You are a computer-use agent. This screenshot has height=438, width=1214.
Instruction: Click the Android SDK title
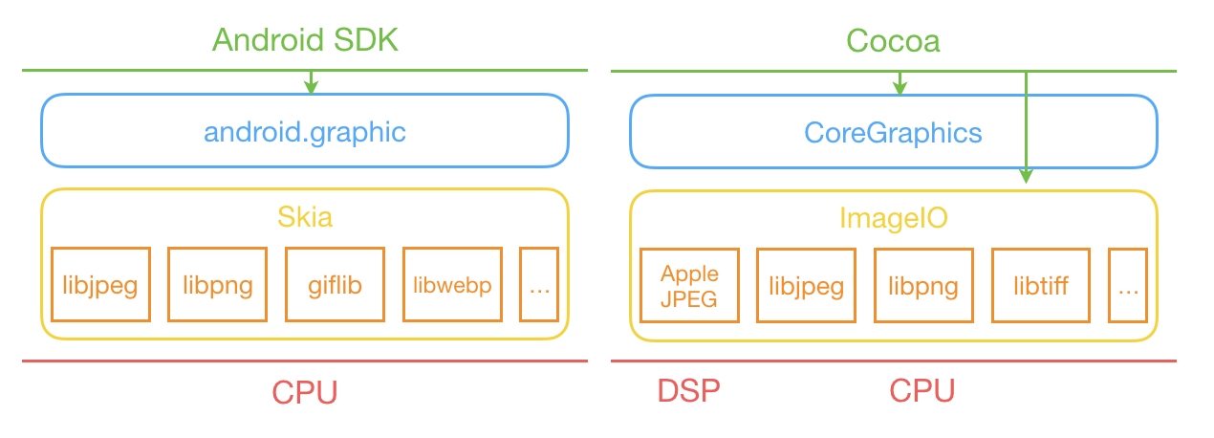[305, 40]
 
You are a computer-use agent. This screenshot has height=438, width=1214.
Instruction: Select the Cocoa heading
[893, 41]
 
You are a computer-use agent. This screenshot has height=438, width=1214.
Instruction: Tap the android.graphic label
[305, 132]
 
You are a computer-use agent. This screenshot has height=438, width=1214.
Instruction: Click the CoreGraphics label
[893, 133]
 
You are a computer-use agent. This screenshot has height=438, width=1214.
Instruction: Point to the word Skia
[305, 217]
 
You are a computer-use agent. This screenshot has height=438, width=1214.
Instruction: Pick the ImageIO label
[894, 218]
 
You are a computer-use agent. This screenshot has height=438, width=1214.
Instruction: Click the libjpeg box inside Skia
[100, 285]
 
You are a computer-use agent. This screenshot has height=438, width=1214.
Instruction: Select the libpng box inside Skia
[217, 285]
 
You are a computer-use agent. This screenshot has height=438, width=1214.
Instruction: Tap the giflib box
[335, 285]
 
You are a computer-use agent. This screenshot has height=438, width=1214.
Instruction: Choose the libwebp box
[452, 285]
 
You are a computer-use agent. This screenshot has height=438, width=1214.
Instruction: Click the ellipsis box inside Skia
[539, 285]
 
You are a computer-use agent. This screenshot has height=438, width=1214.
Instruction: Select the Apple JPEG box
[689, 286]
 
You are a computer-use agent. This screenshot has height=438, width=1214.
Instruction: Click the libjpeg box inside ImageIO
[807, 286]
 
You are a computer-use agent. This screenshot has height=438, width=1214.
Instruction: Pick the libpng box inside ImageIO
[923, 286]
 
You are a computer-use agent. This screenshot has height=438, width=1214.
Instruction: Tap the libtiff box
[1041, 286]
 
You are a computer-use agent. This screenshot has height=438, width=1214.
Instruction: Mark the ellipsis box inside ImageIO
[1128, 286]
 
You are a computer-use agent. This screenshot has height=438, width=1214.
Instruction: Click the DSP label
[689, 390]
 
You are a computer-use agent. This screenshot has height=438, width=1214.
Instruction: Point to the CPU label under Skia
[305, 392]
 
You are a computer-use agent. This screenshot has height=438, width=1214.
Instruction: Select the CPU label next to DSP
[921, 390]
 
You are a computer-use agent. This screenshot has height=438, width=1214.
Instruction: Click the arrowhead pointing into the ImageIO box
[1026, 176]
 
